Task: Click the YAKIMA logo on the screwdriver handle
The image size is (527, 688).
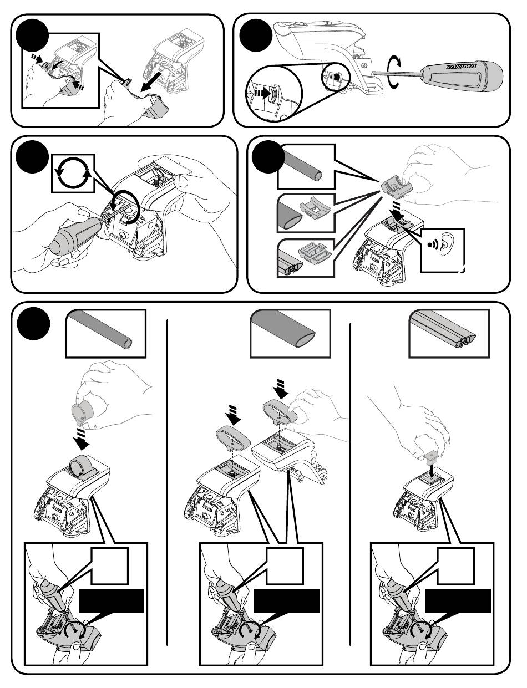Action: point(460,67)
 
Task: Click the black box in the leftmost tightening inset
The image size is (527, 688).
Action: point(111,601)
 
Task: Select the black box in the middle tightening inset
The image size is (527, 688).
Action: point(286,601)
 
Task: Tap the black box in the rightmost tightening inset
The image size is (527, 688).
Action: point(458,601)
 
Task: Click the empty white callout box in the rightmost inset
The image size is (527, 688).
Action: point(456,566)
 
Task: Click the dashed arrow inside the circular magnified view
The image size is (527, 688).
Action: point(262,93)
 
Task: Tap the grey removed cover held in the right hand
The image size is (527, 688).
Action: point(156,106)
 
